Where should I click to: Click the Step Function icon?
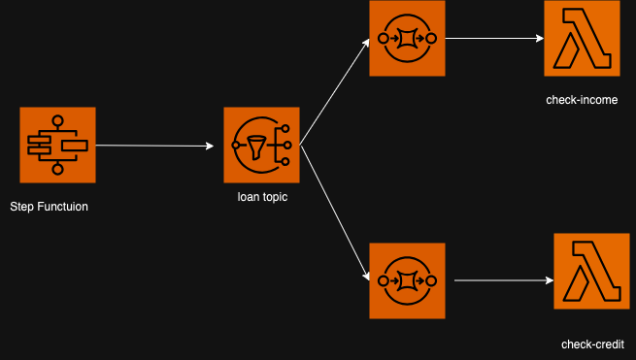(57, 146)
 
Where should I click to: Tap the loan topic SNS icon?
(262, 146)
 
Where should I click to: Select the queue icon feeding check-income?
(407, 39)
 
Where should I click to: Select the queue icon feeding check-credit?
(407, 281)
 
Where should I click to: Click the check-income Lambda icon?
(582, 39)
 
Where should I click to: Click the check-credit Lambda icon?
(591, 272)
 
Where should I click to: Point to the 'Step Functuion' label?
(55, 207)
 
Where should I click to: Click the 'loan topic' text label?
(262, 197)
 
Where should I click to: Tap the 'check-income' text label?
(582, 100)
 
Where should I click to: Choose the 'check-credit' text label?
(591, 344)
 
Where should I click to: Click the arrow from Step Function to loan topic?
(155, 147)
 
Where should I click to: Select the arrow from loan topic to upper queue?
(335, 93)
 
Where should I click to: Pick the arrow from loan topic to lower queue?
(335, 213)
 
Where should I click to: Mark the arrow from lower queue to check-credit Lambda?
(503, 280)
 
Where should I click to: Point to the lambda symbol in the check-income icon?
(582, 39)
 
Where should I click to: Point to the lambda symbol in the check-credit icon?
(591, 272)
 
